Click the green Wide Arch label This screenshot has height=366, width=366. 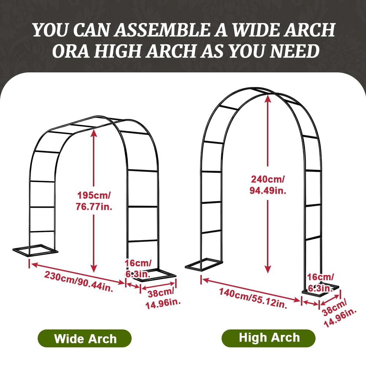[x=84, y=338]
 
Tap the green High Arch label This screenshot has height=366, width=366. [x=268, y=338]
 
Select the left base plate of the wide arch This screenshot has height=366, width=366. [x=35, y=250]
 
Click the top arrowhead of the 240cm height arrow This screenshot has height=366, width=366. [x=268, y=98]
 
